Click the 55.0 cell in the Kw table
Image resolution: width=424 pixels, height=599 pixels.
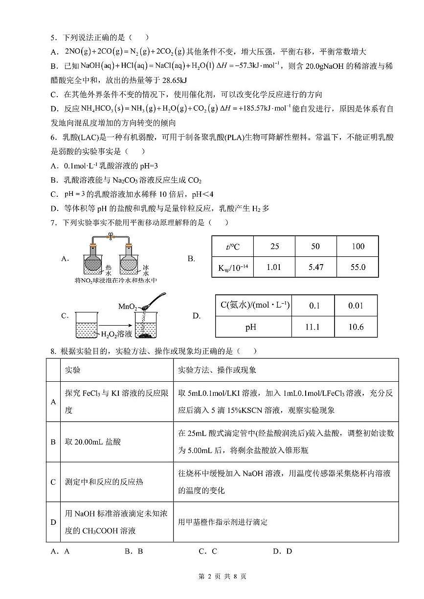(x=357, y=268)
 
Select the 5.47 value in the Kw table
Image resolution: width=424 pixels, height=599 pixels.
(x=315, y=268)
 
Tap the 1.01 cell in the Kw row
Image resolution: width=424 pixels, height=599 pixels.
(x=274, y=268)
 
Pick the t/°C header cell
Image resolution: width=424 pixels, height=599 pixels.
(x=233, y=247)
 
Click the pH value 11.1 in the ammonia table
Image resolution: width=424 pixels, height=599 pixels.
(x=312, y=327)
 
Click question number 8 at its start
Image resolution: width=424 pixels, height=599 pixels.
(x=51, y=351)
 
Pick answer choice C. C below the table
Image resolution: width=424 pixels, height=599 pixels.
(x=207, y=551)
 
